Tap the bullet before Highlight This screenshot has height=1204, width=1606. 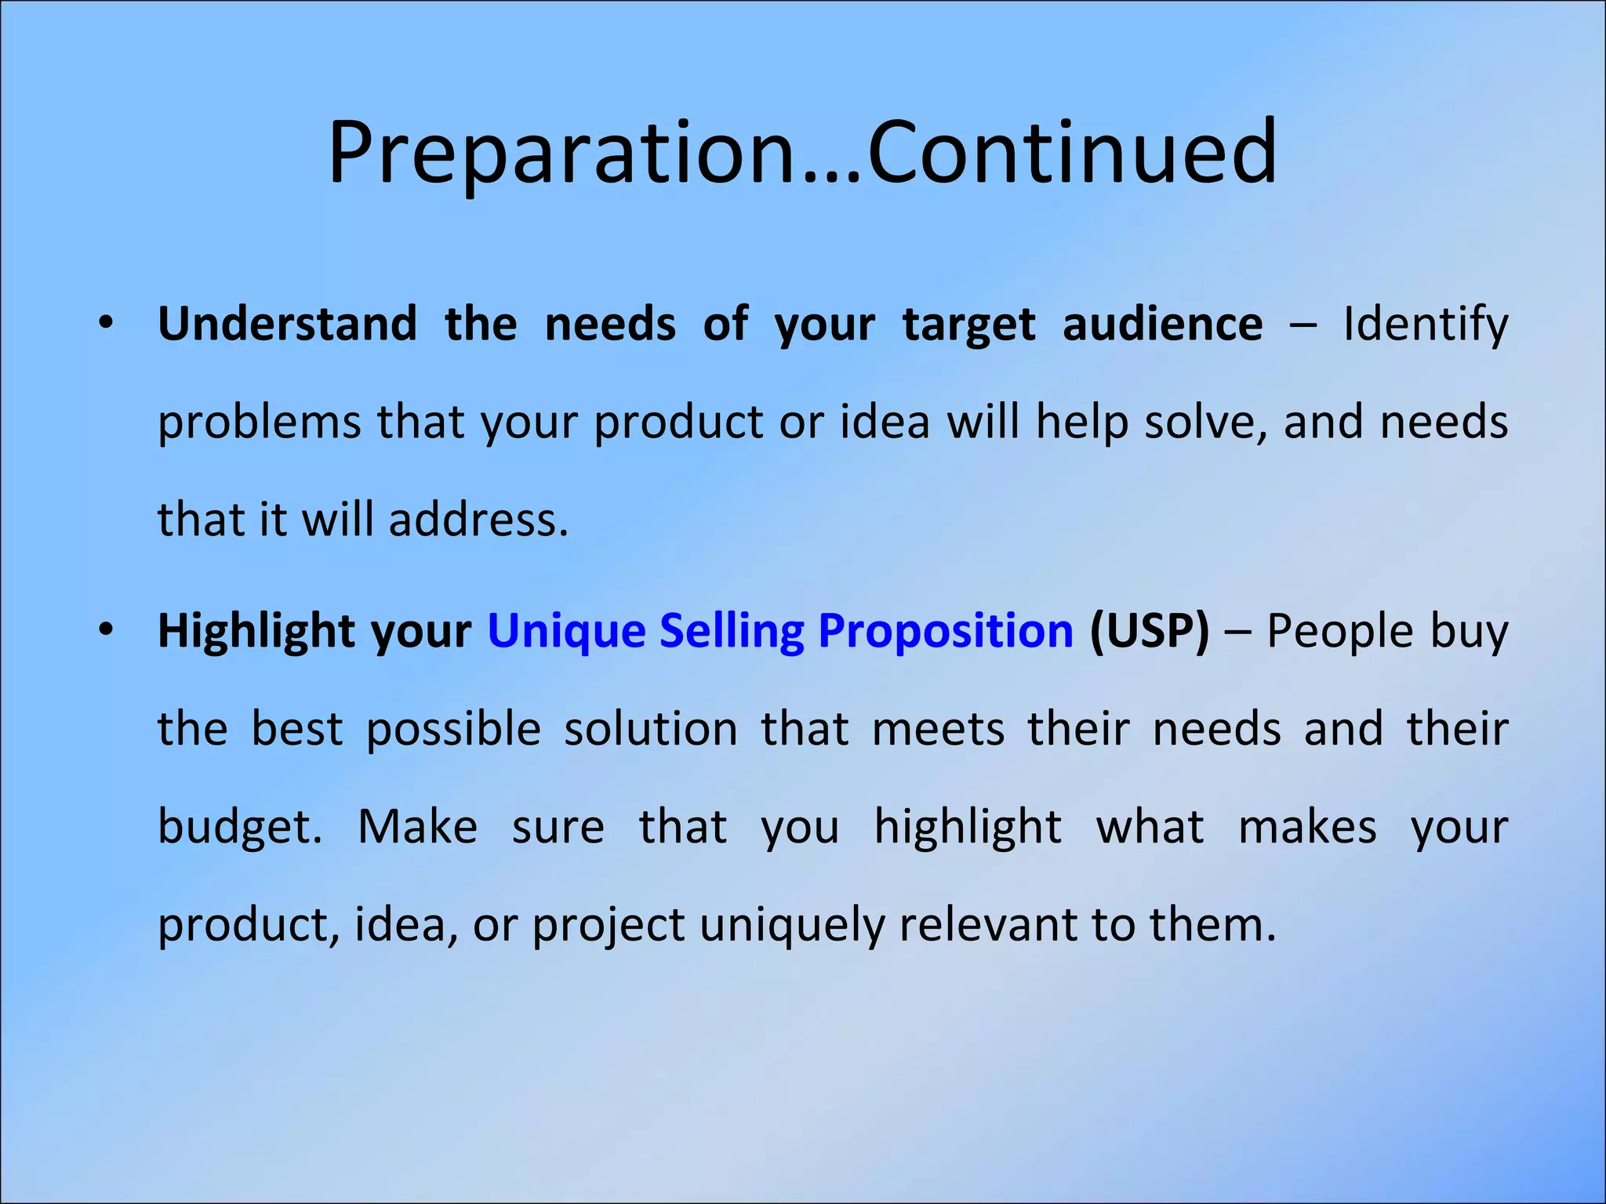coord(107,630)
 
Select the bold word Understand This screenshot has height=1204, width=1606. coord(287,324)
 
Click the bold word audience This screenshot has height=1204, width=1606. coord(1162,324)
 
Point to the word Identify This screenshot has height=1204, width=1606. coord(1425,325)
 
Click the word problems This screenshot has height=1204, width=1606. coord(259,423)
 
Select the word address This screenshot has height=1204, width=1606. coord(478,520)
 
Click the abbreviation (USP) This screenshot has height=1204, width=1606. coord(1150,631)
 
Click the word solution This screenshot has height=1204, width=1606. coord(651,729)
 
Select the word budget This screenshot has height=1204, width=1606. coord(238,828)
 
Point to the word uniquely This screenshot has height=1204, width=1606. coord(791,925)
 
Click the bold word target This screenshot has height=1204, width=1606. coord(968,325)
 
